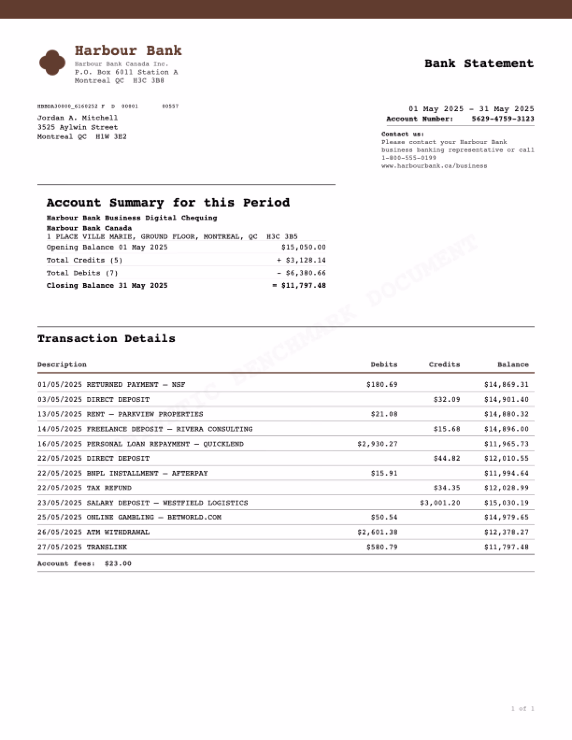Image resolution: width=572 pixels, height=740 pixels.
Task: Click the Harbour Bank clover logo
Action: [52, 62]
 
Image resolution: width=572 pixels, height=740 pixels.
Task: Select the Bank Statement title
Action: [479, 63]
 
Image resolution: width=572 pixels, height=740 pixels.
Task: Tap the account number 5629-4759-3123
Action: [502, 119]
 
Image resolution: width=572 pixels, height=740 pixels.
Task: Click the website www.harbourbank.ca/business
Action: [434, 166]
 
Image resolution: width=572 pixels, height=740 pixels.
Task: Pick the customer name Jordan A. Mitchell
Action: [77, 118]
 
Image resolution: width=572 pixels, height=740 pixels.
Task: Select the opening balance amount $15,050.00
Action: [303, 247]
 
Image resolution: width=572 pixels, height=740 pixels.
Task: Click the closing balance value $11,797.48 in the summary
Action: [303, 286]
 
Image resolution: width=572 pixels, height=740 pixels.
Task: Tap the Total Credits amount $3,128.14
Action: [305, 260]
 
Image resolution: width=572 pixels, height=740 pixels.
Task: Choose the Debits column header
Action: [384, 365]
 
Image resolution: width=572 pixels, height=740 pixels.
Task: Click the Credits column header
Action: [444, 365]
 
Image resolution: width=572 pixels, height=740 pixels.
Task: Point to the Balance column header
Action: [513, 365]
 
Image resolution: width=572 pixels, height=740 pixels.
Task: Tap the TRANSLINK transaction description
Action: [107, 547]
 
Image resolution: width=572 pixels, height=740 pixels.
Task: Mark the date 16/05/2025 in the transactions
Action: [60, 444]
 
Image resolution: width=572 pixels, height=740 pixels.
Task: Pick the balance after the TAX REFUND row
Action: [506, 488]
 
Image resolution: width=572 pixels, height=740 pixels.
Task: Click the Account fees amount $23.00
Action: [118, 564]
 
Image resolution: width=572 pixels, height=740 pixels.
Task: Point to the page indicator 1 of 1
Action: [522, 709]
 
